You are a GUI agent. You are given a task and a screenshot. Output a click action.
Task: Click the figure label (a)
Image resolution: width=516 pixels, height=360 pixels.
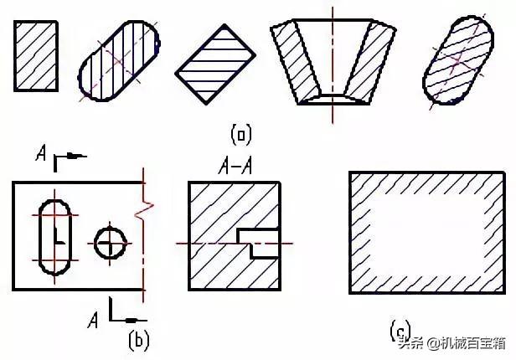241,134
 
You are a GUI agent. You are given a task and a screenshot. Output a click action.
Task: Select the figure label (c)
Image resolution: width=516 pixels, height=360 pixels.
399,332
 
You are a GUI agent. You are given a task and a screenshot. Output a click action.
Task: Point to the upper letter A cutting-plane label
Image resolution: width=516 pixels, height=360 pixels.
41,154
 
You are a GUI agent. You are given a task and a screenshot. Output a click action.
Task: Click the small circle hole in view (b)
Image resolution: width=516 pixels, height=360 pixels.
108,244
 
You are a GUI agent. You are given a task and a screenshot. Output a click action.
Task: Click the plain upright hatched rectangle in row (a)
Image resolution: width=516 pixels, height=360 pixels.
36,55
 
